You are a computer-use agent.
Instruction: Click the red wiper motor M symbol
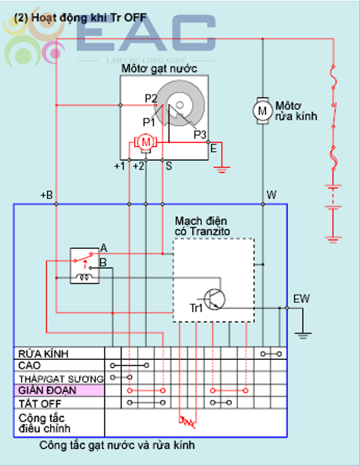(x=145, y=142)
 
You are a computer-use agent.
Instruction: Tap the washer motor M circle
(x=263, y=111)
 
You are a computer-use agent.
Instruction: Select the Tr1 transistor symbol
(x=214, y=299)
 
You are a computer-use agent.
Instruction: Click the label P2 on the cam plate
(x=150, y=99)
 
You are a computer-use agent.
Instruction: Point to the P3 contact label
(x=200, y=135)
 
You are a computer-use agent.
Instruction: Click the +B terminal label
(x=46, y=195)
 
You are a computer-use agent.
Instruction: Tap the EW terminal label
(x=302, y=298)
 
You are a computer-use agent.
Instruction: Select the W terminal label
(x=272, y=195)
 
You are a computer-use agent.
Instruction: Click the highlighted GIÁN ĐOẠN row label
(x=47, y=390)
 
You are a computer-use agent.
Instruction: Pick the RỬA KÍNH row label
(x=43, y=354)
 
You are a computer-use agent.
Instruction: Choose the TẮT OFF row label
(x=40, y=404)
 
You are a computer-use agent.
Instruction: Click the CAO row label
(x=29, y=365)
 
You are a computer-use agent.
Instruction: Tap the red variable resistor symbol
(x=188, y=422)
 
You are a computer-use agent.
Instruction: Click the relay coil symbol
(x=85, y=278)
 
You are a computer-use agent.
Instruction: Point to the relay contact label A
(x=103, y=248)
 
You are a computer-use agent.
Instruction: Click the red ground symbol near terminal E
(x=222, y=170)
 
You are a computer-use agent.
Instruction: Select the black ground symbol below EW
(x=302, y=336)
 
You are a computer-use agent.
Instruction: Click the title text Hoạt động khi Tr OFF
(x=80, y=17)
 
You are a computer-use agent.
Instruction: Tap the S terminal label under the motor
(x=168, y=165)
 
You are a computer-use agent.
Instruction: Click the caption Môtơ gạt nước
(x=159, y=69)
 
